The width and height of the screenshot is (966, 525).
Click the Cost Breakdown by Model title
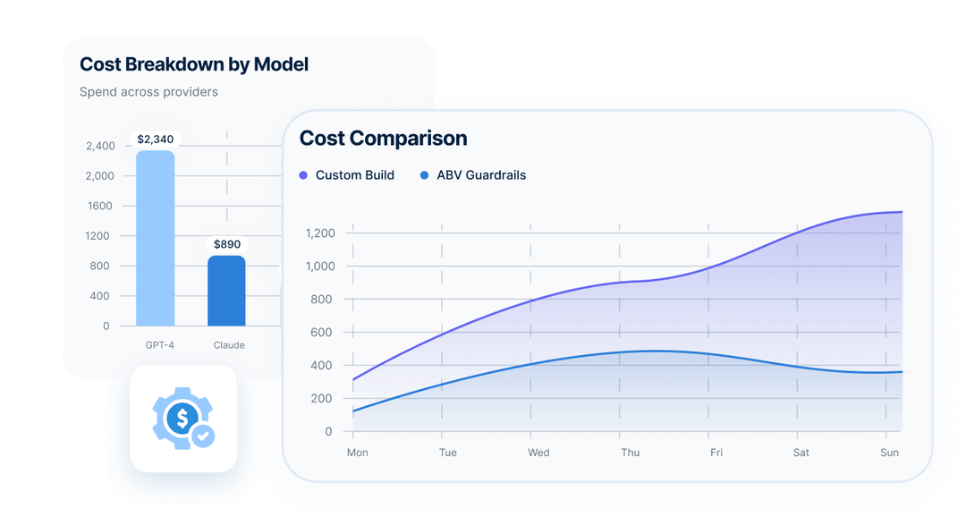click(194, 64)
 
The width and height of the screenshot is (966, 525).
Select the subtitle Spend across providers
click(148, 91)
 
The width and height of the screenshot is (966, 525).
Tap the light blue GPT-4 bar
click(155, 238)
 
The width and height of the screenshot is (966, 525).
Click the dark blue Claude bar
click(226, 291)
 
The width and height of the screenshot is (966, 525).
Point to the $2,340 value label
click(155, 140)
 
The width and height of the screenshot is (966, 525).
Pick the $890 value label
click(226, 244)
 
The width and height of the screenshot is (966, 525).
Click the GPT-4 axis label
click(159, 344)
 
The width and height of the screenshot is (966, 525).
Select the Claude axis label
click(229, 344)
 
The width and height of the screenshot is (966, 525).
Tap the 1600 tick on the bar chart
click(99, 206)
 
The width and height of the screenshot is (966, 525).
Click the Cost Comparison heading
click(383, 139)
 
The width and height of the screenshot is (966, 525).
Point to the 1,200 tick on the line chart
click(319, 233)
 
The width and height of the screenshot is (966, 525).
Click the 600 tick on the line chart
click(322, 333)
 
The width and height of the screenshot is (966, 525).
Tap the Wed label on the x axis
click(538, 453)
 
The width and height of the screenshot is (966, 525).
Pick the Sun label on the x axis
click(889, 453)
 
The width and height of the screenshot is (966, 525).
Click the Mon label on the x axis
click(357, 453)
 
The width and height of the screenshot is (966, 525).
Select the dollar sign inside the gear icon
click(182, 417)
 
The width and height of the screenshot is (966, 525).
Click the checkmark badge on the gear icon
click(204, 436)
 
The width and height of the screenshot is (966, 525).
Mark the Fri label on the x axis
click(716, 453)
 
